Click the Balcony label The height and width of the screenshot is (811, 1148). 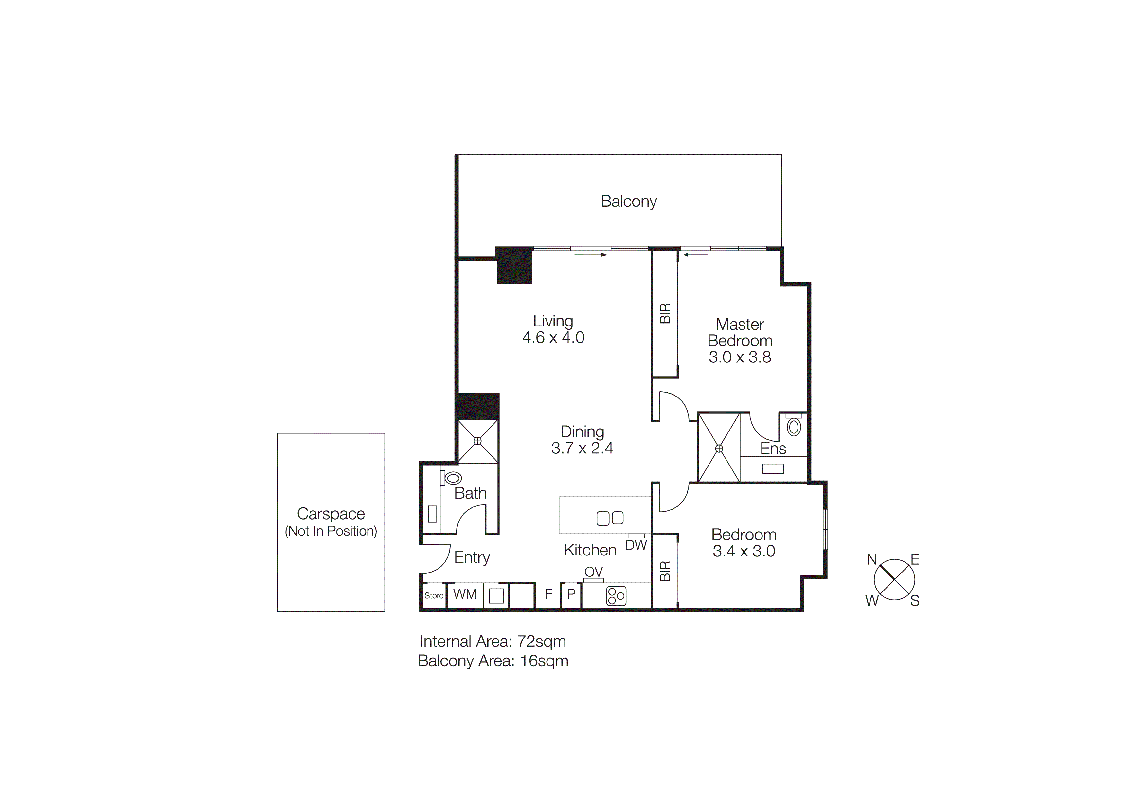pos(629,202)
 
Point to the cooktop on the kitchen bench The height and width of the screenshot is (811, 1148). pos(616,596)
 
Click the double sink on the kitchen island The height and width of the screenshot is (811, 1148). pos(610,518)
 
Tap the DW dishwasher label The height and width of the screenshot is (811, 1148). pos(636,545)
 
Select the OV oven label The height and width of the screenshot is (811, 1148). pos(594,572)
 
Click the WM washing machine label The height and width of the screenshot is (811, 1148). pos(464,594)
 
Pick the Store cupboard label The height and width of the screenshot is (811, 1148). pos(434,596)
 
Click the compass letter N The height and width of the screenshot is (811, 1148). pos(871,560)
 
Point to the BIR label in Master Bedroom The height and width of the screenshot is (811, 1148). pos(665,313)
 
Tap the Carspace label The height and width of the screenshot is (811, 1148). pos(331,514)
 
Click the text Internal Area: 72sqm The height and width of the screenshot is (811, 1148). pos(493,641)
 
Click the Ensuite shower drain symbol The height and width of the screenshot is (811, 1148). pos(719,449)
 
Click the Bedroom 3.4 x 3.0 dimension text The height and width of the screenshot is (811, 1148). pos(744,551)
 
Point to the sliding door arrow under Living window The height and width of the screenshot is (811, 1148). pos(590,255)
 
